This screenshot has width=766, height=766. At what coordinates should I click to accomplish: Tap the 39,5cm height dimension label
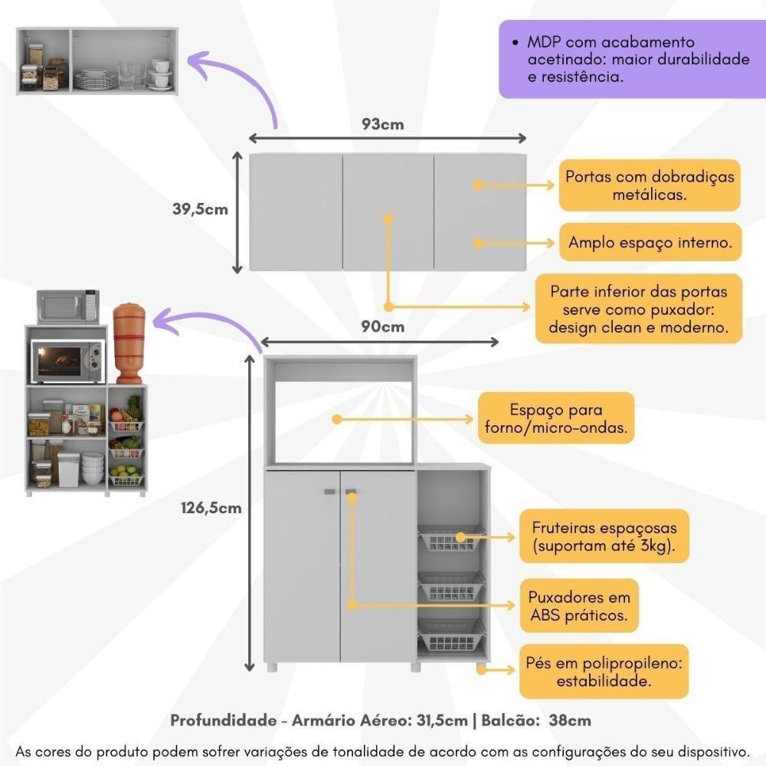200,208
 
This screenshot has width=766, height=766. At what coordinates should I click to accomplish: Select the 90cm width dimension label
382,327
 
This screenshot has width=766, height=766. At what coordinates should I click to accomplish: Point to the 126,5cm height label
211,507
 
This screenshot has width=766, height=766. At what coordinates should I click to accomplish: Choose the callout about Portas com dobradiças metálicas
650,185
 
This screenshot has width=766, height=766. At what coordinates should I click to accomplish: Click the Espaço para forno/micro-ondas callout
555,418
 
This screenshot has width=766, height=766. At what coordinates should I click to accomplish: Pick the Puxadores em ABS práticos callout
579,605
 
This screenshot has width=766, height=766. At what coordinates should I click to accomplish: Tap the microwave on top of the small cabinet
68,306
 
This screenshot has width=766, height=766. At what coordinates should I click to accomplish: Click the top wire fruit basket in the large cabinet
451,539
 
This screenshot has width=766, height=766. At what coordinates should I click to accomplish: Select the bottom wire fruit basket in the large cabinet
451,633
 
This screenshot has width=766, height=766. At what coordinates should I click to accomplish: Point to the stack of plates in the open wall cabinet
96,78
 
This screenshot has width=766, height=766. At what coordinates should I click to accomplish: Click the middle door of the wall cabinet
388,212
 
